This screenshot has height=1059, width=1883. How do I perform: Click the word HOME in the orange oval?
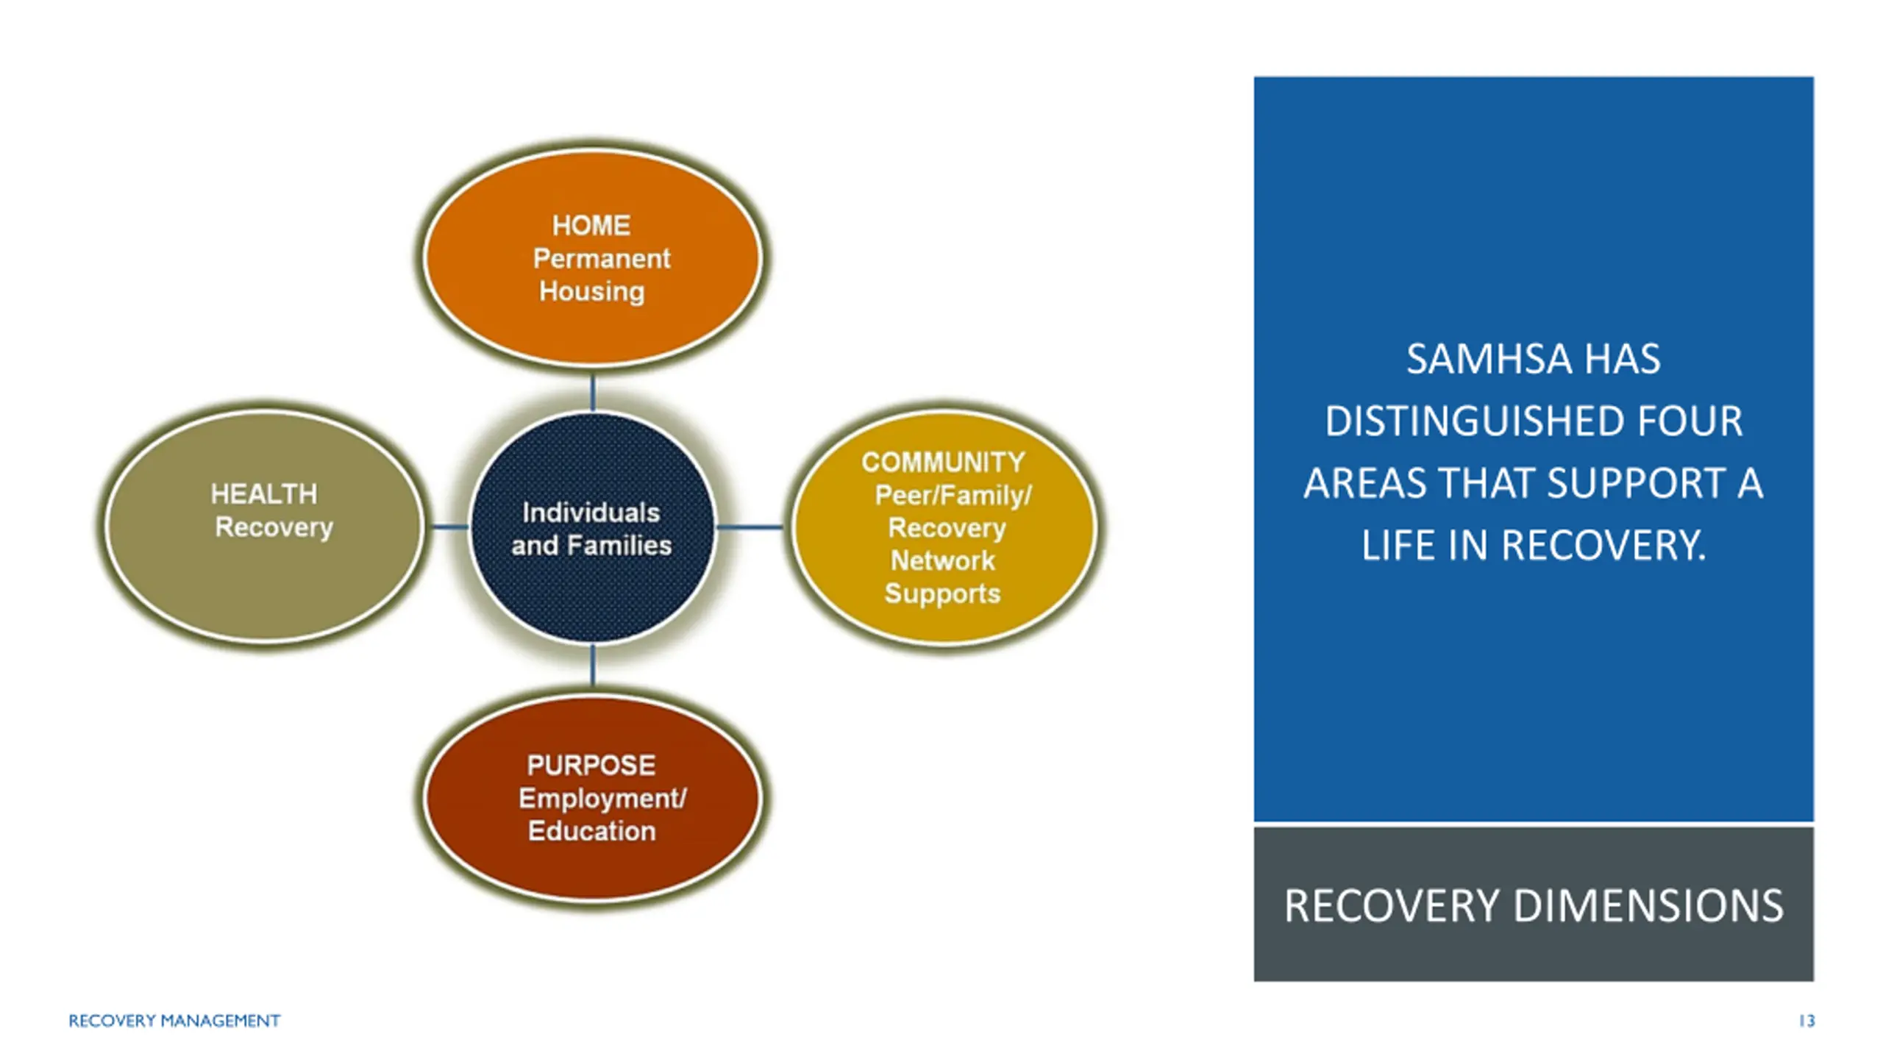coord(591,225)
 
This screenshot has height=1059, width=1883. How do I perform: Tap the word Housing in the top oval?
coord(592,291)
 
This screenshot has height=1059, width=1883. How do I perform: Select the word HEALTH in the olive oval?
coord(264,494)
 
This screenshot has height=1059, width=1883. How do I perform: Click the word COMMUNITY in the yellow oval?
coord(943,463)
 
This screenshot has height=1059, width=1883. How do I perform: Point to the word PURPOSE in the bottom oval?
coord(591,766)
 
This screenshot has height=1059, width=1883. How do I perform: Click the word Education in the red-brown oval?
coord(592,831)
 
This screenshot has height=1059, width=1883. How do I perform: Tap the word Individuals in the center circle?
coord(591,513)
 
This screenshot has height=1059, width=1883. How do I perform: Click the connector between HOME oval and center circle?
coord(593,393)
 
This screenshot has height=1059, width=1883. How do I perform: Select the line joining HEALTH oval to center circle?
coord(449,527)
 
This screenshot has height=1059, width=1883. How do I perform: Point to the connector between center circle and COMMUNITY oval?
coord(750,527)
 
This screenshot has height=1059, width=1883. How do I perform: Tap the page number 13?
coord(1807,1021)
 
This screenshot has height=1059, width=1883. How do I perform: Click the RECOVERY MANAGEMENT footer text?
coord(174,1021)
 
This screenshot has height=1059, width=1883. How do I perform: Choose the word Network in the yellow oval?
coord(943,561)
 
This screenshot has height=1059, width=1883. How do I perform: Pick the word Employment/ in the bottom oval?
coord(602,799)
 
